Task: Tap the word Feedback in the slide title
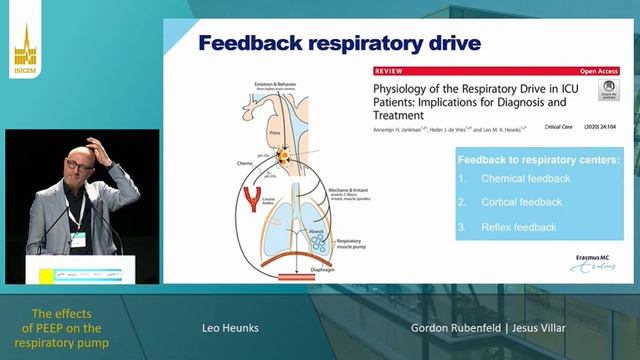[x=254, y=43]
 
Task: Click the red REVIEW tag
[x=390, y=72]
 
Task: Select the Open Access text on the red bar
[x=596, y=72]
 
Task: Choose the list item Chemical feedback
[x=525, y=179]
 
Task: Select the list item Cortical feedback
[x=522, y=202]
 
